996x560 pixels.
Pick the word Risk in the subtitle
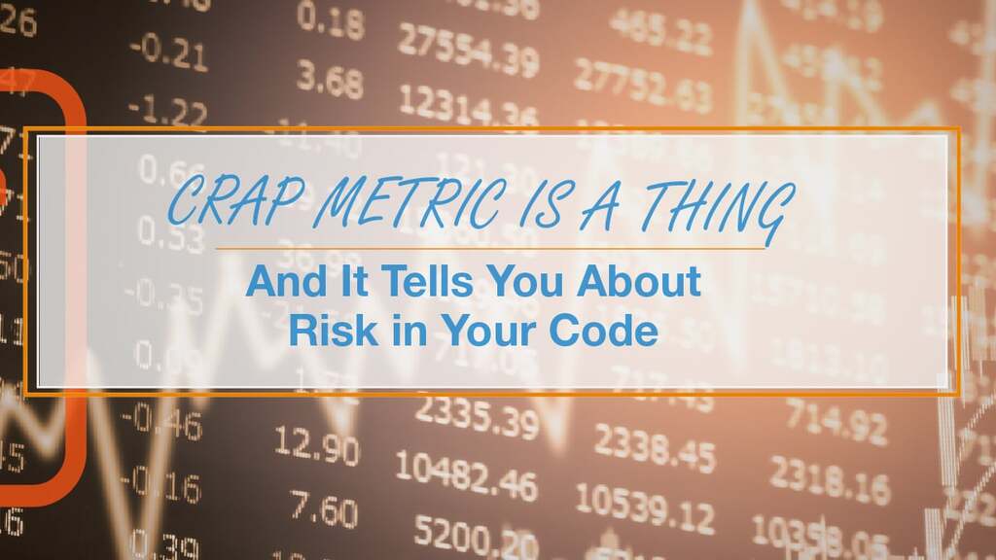[325, 331]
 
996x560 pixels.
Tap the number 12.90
[316, 448]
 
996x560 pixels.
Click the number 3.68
[330, 80]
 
